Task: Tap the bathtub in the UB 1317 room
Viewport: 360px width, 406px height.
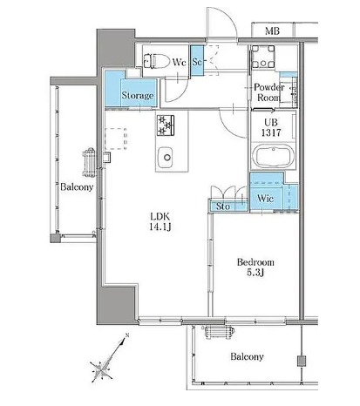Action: click(274, 156)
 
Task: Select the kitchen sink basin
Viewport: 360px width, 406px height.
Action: click(166, 157)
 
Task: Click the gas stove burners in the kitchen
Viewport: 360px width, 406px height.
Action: click(166, 125)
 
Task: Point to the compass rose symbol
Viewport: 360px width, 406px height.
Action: click(102, 369)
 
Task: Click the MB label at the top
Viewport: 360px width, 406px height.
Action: click(272, 30)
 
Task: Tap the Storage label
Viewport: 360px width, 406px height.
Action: click(138, 96)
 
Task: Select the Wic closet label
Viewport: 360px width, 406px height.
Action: click(265, 199)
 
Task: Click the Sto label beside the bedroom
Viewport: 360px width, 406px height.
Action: click(223, 206)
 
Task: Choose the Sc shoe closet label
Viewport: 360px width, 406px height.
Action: click(197, 62)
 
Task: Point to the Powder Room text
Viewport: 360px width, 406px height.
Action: click(268, 92)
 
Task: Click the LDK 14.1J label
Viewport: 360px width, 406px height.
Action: click(160, 221)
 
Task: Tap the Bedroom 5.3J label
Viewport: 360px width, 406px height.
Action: click(255, 267)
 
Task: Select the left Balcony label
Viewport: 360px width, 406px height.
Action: click(77, 186)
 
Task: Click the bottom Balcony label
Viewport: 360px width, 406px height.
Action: click(247, 356)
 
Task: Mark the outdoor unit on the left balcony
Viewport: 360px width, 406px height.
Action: click(90, 163)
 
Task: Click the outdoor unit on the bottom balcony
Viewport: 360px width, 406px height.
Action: click(219, 332)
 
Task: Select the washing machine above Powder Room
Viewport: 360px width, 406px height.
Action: click(263, 57)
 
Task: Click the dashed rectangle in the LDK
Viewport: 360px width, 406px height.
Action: click(116, 139)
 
